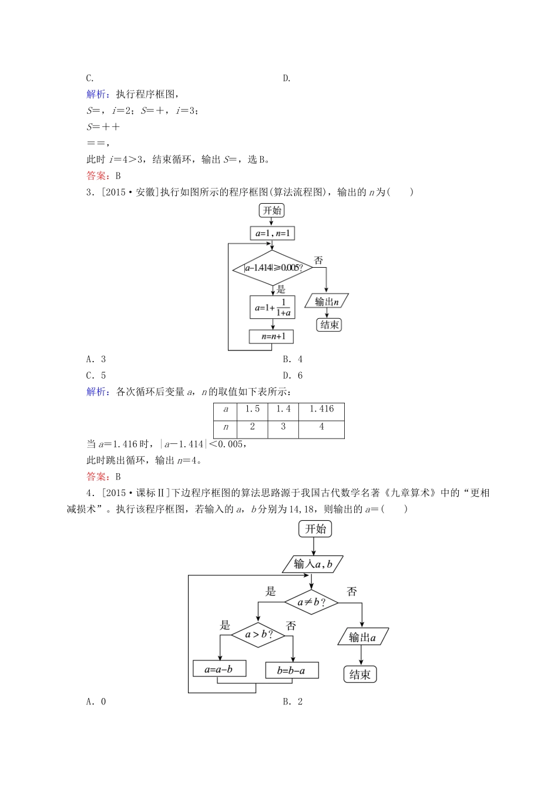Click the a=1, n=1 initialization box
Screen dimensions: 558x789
click(272, 233)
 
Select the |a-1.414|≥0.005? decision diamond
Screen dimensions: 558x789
click(273, 268)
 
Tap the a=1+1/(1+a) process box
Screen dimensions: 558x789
click(272, 307)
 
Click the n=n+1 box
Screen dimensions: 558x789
click(271, 336)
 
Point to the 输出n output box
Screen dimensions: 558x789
click(327, 301)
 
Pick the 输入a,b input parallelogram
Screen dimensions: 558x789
click(313, 564)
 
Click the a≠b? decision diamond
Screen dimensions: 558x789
click(311, 602)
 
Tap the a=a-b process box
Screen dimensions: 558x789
click(219, 669)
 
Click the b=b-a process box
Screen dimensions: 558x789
click(291, 670)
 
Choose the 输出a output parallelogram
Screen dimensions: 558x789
click(362, 637)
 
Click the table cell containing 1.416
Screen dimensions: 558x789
click(321, 410)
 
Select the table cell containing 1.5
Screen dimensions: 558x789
click(252, 410)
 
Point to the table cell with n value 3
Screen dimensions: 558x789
click(283, 427)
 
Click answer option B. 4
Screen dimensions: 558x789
click(293, 359)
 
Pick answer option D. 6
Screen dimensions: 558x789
click(293, 376)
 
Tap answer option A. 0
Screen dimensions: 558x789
click(96, 701)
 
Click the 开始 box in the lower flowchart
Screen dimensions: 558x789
click(315, 529)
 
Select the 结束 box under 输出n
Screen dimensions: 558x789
click(329, 325)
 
